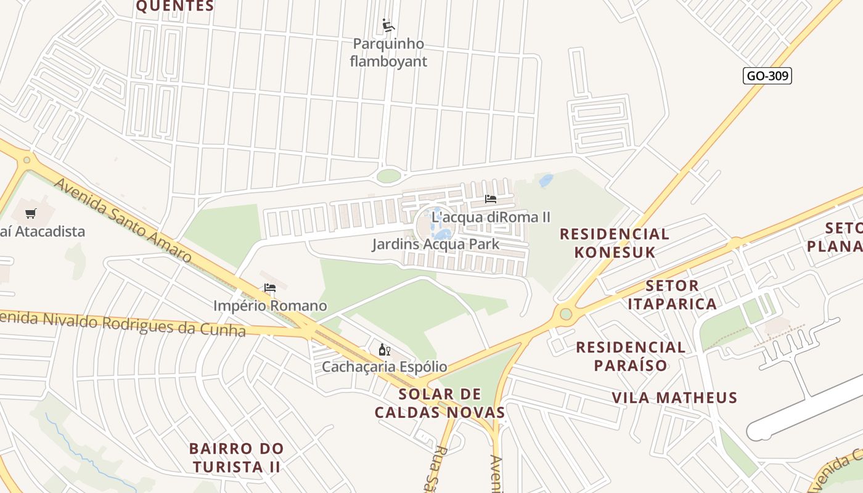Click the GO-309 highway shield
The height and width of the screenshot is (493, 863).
tap(767, 76)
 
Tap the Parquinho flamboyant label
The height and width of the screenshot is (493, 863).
tap(388, 52)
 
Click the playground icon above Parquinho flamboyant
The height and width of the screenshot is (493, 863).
tap(388, 26)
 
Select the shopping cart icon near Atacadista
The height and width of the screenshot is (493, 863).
tap(30, 214)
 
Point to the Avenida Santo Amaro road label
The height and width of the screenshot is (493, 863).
tap(123, 220)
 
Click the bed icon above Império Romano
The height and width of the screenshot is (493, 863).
tap(269, 288)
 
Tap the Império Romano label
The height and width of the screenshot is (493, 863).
tap(270, 306)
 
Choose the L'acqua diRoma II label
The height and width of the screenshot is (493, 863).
tap(491, 217)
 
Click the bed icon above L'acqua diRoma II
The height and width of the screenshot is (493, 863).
tap(491, 199)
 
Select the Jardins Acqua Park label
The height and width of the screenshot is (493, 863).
tap(435, 244)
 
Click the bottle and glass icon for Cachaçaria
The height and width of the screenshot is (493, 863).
tap(384, 350)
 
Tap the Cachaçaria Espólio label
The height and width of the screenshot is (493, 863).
tap(385, 367)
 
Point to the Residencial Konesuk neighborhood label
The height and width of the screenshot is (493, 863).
tap(614, 243)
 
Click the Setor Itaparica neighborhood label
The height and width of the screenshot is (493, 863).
tap(672, 295)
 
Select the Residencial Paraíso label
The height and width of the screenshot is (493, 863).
tap(631, 356)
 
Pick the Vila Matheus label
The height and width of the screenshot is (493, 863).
tap(674, 397)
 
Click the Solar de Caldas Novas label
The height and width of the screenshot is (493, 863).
tap(440, 403)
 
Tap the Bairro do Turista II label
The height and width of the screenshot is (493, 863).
tap(236, 457)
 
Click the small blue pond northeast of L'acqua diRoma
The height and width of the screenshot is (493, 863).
tap(546, 181)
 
